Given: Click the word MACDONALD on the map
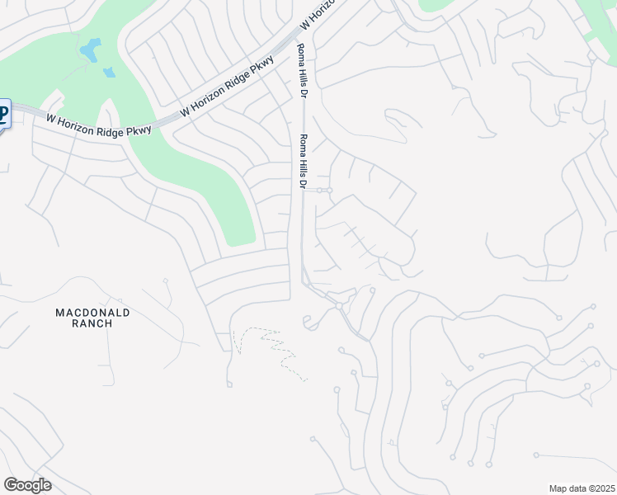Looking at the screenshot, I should coord(92,313).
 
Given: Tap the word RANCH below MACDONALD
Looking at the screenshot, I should coord(92,323).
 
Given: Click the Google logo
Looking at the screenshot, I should coord(27,485).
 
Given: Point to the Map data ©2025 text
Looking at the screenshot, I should coord(582,488).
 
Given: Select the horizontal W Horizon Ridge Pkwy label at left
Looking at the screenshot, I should coord(98,125).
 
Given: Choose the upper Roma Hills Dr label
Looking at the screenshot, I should coord(303,72).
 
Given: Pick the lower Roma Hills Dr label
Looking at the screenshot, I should coord(303,162).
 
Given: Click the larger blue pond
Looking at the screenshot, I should coord(89,50).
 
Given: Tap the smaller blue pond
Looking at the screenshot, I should coord(109,73).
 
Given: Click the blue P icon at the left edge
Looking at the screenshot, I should coord(3,114).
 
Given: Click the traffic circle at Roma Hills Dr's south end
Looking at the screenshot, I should coord(338,306).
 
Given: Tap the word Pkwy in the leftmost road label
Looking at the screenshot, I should coord(139,130).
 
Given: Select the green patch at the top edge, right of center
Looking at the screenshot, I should coord(446,4).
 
